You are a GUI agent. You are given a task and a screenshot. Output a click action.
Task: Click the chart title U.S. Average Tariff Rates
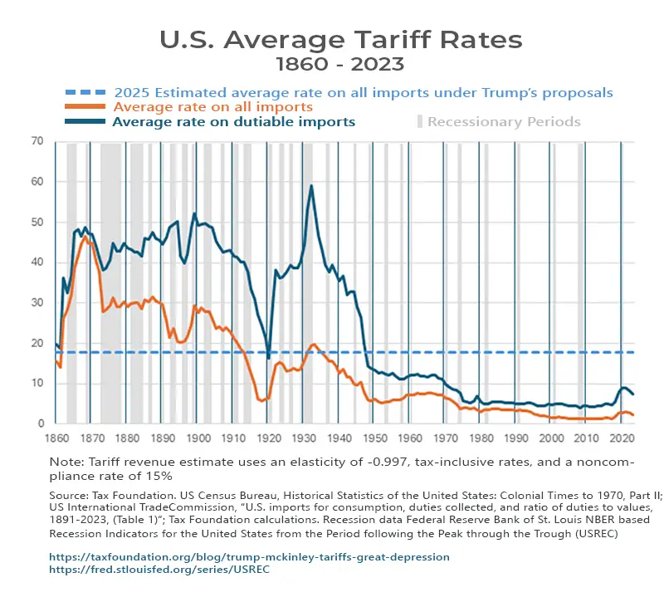(340, 39)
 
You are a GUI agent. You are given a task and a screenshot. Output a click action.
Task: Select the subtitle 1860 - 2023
(340, 63)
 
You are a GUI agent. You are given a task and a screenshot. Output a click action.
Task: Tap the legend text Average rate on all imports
(212, 107)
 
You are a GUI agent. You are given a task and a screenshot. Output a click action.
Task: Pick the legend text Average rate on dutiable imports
(233, 122)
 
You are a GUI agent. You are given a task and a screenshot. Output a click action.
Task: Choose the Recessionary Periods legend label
(504, 122)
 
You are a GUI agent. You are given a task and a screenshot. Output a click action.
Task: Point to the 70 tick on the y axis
(37, 141)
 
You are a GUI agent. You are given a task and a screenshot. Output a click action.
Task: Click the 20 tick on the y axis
(37, 343)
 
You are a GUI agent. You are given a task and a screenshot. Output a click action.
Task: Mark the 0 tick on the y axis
(40, 423)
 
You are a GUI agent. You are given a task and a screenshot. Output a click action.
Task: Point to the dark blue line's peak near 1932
(311, 186)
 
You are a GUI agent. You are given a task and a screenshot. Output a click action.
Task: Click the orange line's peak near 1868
(85, 237)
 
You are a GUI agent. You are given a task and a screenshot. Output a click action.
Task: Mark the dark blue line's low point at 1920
(268, 358)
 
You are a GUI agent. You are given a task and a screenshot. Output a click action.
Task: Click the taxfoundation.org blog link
(249, 556)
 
